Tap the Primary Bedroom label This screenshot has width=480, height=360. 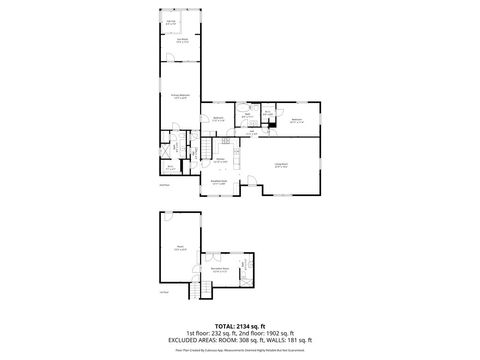pyautogui.click(x=180, y=97)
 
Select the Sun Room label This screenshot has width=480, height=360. pyautogui.click(x=181, y=41)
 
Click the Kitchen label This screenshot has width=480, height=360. pyautogui.click(x=219, y=160)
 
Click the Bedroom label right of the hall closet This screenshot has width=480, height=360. pyautogui.click(x=295, y=119)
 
